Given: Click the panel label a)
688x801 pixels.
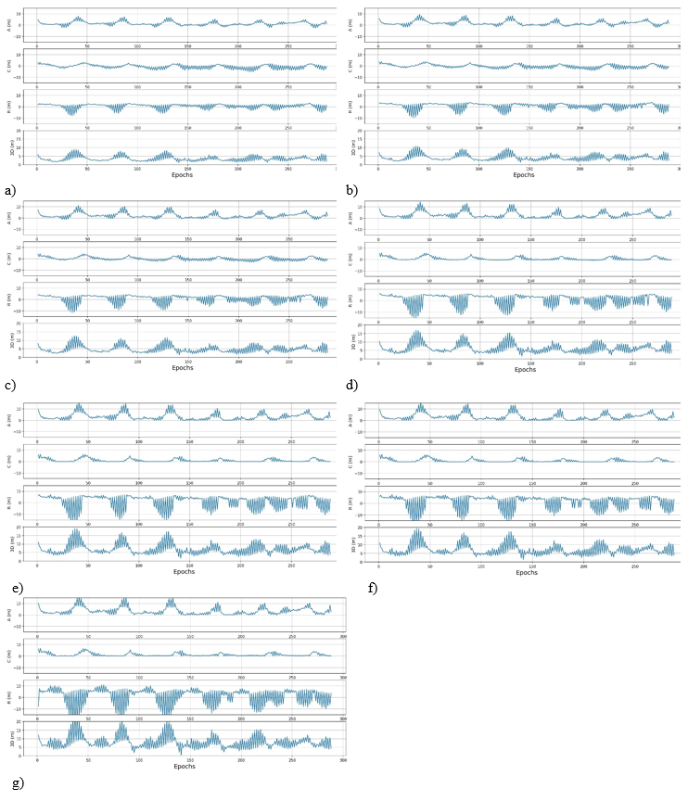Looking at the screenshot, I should pos(9,190).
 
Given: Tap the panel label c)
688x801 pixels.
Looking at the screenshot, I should pos(9,385).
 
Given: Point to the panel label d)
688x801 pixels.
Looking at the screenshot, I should pos(352,385).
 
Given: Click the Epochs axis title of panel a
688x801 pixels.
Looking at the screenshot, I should pos(182,174).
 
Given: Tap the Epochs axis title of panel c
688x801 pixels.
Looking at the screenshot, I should pos(182,367).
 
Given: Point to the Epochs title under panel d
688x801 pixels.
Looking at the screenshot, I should pos(525,369).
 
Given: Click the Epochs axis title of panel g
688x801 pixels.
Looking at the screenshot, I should pos(185,766).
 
